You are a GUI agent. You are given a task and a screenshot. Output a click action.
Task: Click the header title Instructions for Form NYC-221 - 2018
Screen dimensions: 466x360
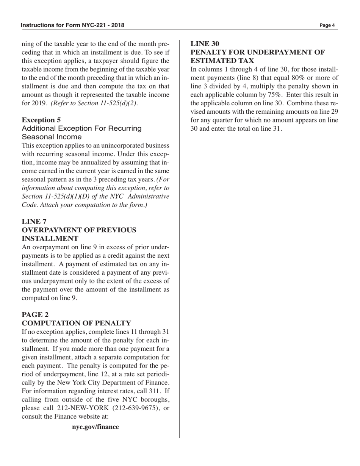tap(72, 25)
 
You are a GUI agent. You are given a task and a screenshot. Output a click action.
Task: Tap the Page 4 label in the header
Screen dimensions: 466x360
tap(327, 25)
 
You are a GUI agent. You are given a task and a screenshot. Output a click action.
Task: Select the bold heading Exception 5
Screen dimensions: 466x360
tap(41, 120)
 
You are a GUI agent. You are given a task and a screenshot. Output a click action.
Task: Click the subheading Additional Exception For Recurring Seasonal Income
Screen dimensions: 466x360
tap(81, 132)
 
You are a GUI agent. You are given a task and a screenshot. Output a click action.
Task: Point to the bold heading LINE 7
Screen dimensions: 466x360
tap(34, 221)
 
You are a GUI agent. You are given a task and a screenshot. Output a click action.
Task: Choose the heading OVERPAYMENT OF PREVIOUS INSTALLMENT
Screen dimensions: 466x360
tap(79, 234)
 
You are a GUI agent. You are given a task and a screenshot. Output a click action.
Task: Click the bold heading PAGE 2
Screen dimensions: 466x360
tap(35, 314)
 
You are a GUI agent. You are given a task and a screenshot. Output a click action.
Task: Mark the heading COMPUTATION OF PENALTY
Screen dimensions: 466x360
tap(76, 323)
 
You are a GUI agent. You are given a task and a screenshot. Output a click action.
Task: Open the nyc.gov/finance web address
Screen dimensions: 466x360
tap(95, 427)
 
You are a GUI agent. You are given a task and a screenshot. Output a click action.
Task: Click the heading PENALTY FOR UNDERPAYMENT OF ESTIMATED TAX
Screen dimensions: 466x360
tap(257, 56)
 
